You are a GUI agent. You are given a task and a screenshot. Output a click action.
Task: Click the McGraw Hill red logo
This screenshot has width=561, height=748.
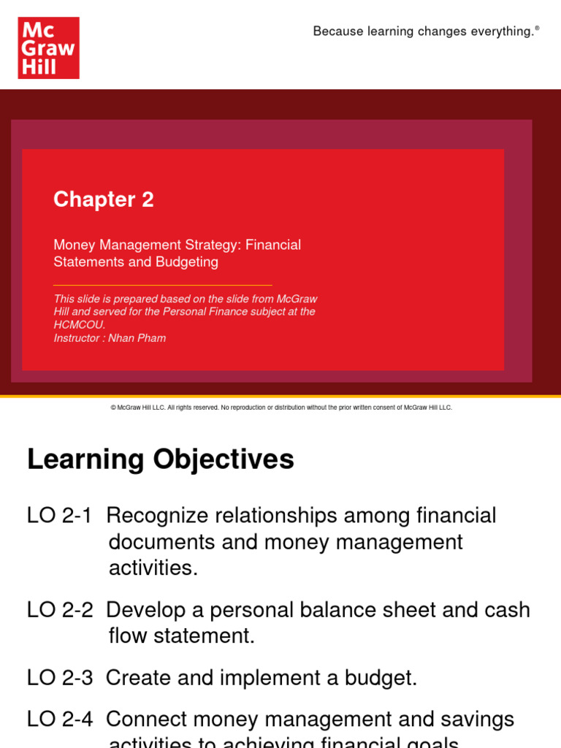pos(48,48)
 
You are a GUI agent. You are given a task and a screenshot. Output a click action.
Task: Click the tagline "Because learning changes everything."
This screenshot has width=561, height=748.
pos(424,31)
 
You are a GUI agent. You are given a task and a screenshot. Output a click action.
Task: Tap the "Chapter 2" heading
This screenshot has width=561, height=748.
pos(104,199)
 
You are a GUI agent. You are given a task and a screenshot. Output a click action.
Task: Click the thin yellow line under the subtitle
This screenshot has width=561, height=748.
pos(162,285)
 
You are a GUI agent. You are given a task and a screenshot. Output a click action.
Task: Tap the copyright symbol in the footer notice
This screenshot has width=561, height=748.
pos(113,408)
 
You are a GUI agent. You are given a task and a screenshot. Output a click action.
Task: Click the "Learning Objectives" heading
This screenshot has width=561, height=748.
pos(161,459)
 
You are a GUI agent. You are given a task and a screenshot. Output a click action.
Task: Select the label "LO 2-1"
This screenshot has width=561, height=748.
pos(59,516)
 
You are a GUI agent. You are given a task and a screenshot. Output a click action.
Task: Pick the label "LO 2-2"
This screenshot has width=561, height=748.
pos(59,610)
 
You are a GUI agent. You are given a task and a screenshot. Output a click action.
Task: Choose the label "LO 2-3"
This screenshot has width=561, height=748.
pos(59,678)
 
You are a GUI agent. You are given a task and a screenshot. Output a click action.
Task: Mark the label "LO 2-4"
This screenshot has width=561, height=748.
pos(59,720)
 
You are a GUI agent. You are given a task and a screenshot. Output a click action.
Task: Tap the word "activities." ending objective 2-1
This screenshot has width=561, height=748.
pos(153,568)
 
